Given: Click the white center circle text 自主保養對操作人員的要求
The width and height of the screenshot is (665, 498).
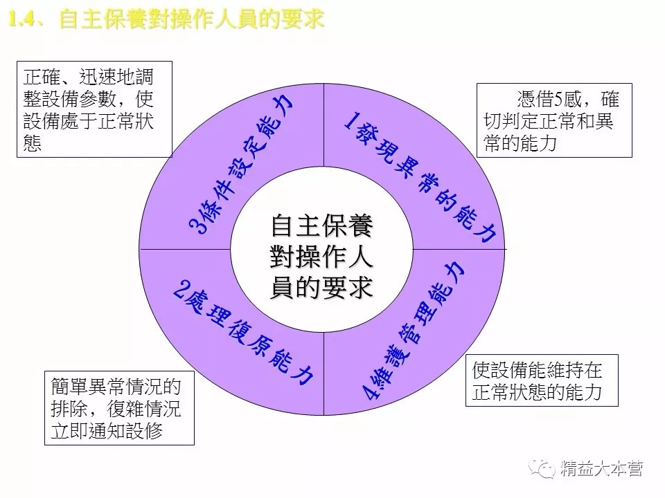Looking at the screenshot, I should tap(321, 256).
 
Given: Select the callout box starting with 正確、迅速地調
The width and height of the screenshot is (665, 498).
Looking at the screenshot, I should tap(94, 109).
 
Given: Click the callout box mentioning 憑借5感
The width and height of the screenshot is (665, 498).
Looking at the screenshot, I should tap(555, 120).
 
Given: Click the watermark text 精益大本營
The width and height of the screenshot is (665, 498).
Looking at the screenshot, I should tap(602, 469).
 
